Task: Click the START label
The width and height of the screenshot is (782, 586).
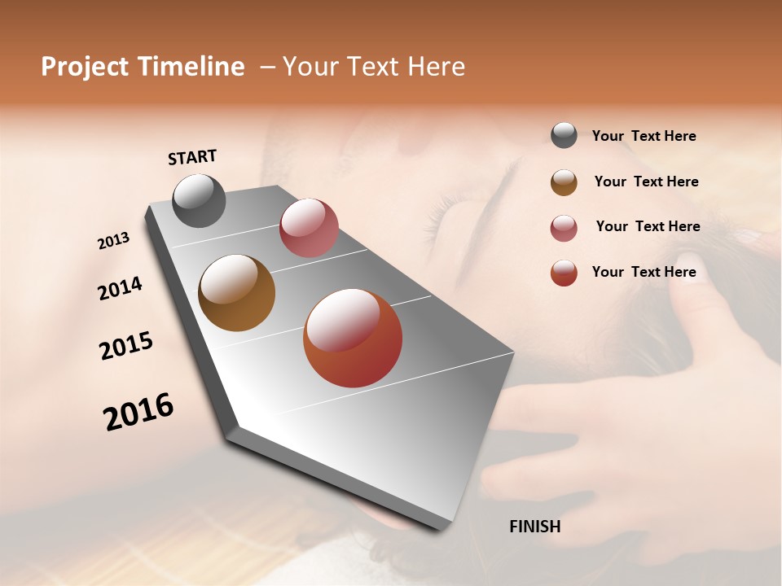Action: tap(192, 157)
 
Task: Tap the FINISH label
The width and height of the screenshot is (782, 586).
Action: tap(534, 527)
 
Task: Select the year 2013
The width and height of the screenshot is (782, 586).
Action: tap(113, 241)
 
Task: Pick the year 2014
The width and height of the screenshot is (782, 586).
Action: tap(120, 289)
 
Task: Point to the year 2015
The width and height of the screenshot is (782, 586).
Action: tap(126, 346)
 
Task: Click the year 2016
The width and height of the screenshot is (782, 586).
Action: tap(138, 412)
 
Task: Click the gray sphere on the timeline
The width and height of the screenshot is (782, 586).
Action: tap(200, 200)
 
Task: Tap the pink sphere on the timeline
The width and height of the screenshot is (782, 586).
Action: tap(309, 228)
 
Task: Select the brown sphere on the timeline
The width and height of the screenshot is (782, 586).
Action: tap(237, 293)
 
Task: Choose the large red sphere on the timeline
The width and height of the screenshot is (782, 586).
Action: tap(353, 338)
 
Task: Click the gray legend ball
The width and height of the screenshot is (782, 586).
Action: tap(564, 136)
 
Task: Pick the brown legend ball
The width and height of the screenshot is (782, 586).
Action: tap(564, 182)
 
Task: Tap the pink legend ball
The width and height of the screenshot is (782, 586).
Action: tap(564, 228)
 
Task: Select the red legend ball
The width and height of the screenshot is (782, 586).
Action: tap(564, 273)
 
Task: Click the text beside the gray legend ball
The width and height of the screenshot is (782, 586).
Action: tap(644, 137)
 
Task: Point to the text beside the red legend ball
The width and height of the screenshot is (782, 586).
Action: tap(644, 272)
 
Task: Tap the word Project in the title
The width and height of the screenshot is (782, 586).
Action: tap(85, 67)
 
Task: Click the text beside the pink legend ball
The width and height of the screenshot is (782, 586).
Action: tap(648, 226)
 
